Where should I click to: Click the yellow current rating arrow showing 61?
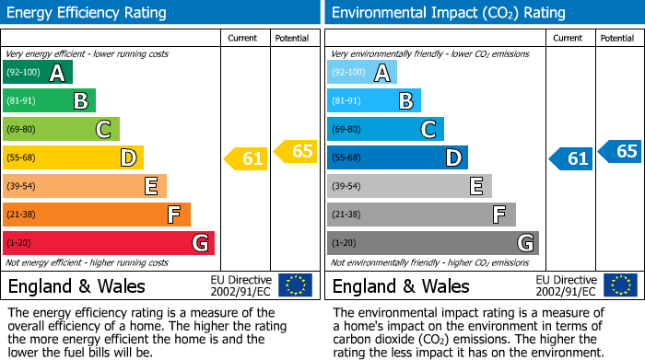coord(246,158)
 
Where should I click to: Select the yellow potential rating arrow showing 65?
coord(296,151)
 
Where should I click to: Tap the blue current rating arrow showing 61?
coord(571,158)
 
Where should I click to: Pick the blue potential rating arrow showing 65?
coord(620,151)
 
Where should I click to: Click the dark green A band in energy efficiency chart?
coord(38,72)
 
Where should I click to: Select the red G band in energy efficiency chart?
coord(109,243)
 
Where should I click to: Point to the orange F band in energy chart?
coord(97,215)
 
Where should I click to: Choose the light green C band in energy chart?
coord(62,129)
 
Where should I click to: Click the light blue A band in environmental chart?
coord(362,72)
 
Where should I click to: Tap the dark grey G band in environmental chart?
coord(433,243)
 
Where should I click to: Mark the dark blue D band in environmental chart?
coord(397,157)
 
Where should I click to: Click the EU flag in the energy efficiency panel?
coord(295,285)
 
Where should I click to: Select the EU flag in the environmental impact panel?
coord(620,285)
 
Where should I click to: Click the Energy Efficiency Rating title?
coord(88,13)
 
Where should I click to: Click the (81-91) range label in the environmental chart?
coord(346,100)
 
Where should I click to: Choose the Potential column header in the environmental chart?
coord(617,38)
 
